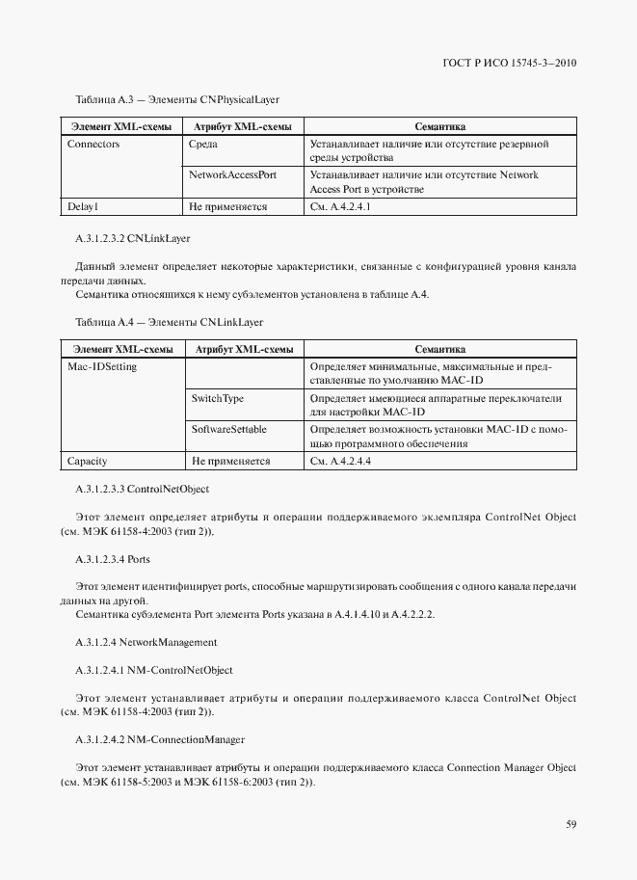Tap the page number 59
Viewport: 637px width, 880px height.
(x=571, y=824)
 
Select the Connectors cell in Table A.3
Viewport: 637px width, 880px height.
(x=93, y=145)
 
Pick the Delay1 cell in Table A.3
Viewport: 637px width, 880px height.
(x=83, y=206)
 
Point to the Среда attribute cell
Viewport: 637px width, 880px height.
(x=204, y=145)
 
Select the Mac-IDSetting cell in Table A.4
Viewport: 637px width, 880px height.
(x=102, y=367)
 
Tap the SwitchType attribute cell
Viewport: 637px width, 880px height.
(x=218, y=398)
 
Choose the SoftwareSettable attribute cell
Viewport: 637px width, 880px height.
(x=229, y=429)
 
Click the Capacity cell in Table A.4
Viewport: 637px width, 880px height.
(x=88, y=461)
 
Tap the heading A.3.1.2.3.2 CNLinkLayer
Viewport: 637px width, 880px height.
(x=134, y=237)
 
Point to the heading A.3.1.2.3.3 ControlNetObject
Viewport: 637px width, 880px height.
(x=142, y=491)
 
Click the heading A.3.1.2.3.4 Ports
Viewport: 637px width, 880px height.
(x=113, y=559)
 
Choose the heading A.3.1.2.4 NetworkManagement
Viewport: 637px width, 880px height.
(x=146, y=641)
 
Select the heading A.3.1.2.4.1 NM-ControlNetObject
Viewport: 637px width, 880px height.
(x=153, y=670)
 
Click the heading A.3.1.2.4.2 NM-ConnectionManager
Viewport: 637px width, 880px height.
(x=159, y=739)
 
